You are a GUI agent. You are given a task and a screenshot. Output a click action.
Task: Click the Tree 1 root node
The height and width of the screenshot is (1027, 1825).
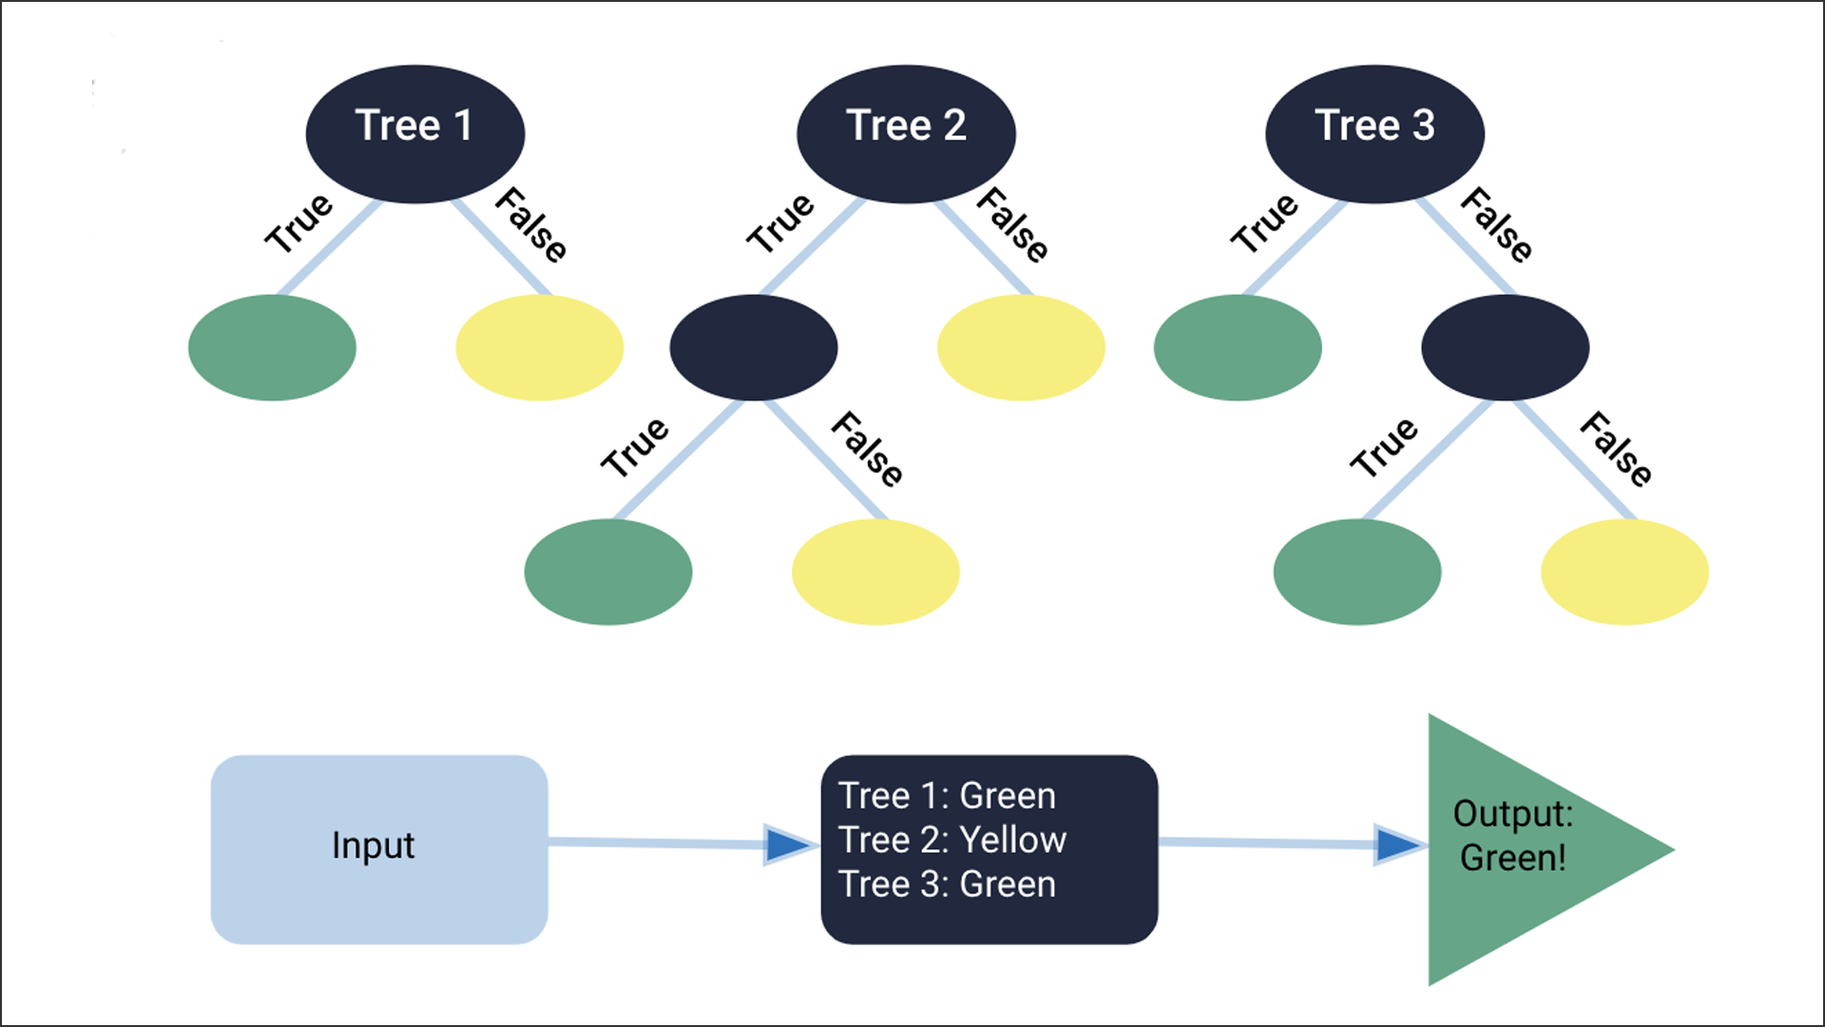click(x=414, y=133)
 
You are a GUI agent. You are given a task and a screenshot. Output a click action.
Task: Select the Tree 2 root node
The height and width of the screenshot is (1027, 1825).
click(x=906, y=133)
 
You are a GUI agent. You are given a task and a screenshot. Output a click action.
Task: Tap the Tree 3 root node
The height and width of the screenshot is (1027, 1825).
click(x=1374, y=133)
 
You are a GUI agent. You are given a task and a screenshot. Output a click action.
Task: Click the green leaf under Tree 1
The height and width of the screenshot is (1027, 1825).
click(x=272, y=347)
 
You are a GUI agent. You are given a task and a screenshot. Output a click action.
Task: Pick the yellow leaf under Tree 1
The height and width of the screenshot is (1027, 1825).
click(x=539, y=347)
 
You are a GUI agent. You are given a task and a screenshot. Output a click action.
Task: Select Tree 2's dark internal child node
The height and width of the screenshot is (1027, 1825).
click(x=753, y=347)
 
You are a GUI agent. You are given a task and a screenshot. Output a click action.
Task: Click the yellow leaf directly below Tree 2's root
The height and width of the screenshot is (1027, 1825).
click(x=1021, y=347)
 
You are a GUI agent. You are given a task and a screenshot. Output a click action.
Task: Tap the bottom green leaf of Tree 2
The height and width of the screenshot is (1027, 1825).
click(x=607, y=572)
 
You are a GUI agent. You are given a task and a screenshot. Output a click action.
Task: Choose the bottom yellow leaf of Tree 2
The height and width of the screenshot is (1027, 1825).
click(x=875, y=572)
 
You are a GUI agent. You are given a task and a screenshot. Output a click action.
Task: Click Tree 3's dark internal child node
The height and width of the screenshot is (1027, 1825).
click(x=1505, y=347)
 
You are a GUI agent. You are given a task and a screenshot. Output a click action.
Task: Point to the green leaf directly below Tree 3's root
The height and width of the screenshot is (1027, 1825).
click(x=1238, y=347)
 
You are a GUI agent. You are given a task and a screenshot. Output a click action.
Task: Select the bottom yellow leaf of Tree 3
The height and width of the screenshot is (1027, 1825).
click(x=1624, y=572)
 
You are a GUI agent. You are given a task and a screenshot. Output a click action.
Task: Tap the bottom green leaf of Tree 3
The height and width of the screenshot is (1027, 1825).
click(x=1357, y=572)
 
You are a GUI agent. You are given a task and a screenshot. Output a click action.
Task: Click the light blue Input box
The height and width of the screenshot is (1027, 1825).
click(x=378, y=849)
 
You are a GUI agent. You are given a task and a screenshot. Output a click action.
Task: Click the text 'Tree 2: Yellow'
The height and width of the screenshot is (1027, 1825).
click(x=951, y=841)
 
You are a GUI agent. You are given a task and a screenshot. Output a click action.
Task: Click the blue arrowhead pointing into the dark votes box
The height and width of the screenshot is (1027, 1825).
click(x=787, y=844)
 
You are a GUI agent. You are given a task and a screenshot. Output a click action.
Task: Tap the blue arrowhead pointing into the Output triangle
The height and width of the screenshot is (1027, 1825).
click(x=1395, y=844)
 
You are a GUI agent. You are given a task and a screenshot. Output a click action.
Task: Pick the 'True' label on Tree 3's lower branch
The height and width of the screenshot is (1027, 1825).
click(x=1384, y=446)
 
